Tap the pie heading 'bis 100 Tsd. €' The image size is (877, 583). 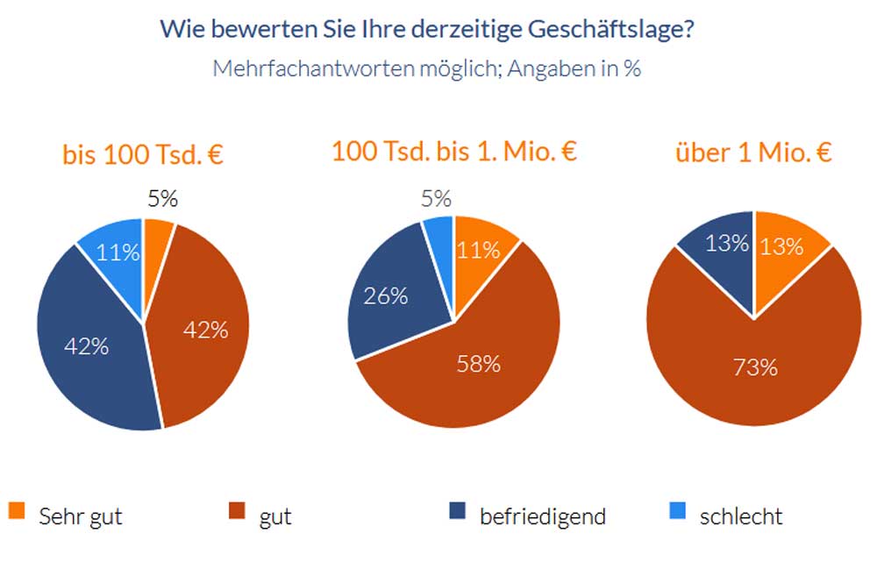click(x=142, y=155)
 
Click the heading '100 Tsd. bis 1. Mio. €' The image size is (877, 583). click(x=453, y=151)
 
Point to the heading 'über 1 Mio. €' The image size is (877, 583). click(x=752, y=153)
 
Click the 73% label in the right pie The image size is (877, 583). click(x=755, y=367)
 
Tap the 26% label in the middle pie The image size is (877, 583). click(x=387, y=295)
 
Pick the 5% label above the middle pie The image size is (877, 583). click(x=435, y=199)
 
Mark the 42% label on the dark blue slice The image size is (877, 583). click(x=87, y=346)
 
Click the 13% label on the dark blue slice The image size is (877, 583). click(x=727, y=243)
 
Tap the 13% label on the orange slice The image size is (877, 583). click(x=781, y=246)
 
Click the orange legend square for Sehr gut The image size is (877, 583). click(x=17, y=510)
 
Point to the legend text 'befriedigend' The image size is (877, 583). click(x=542, y=516)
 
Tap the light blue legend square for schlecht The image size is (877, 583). click(x=676, y=510)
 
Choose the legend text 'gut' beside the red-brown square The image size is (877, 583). click(x=275, y=516)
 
